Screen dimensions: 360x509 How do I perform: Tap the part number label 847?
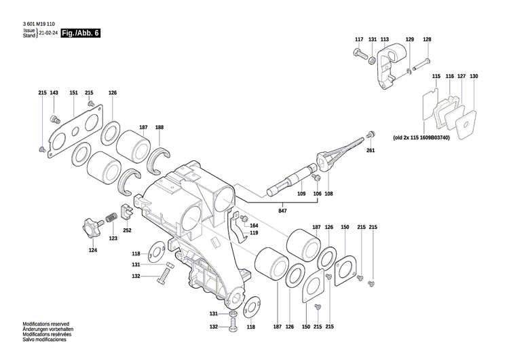(282, 212)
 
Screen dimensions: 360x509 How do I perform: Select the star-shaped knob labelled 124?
(91, 226)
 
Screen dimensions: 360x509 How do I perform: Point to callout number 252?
(127, 230)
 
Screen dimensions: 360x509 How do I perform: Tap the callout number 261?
(370, 150)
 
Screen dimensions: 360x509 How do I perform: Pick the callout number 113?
(385, 39)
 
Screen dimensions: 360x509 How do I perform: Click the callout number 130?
(474, 76)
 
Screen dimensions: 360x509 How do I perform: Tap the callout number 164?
(254, 225)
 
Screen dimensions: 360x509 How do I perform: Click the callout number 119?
(254, 233)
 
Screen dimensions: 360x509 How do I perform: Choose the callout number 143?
(54, 92)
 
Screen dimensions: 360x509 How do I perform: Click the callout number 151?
(73, 92)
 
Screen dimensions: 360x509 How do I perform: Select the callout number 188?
(159, 128)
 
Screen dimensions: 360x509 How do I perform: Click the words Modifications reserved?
(46, 324)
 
